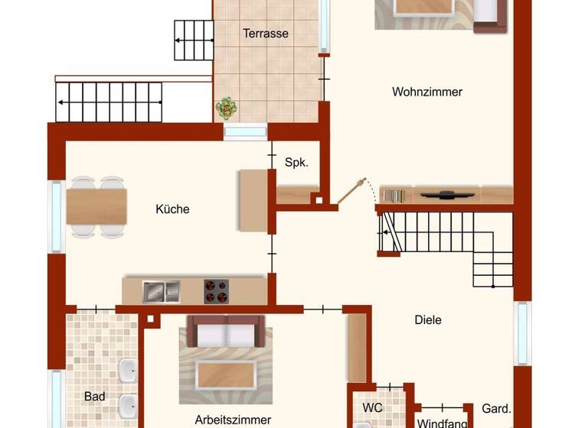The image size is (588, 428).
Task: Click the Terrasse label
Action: [x=266, y=34]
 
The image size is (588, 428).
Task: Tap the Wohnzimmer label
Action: [x=427, y=92]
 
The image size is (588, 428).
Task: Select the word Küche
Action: [x=172, y=209]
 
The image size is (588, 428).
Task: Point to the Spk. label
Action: [x=296, y=162]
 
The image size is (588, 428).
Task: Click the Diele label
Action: [x=427, y=320]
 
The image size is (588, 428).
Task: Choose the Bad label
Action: [x=95, y=397]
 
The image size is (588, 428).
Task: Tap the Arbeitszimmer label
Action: [x=233, y=420]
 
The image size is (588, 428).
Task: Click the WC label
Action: [x=373, y=407]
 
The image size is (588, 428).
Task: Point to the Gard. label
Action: [x=496, y=408]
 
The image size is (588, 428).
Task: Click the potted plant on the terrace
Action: [x=226, y=109]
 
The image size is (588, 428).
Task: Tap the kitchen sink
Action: [x=161, y=290]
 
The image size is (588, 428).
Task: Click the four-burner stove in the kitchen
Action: [x=216, y=290]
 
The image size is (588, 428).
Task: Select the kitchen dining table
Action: [x=96, y=206]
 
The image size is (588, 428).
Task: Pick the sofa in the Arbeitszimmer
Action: [x=226, y=332]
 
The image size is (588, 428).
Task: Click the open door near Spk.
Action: [x=351, y=191]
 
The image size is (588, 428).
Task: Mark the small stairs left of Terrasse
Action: [x=194, y=41]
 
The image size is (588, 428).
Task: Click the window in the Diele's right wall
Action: [x=522, y=334]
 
